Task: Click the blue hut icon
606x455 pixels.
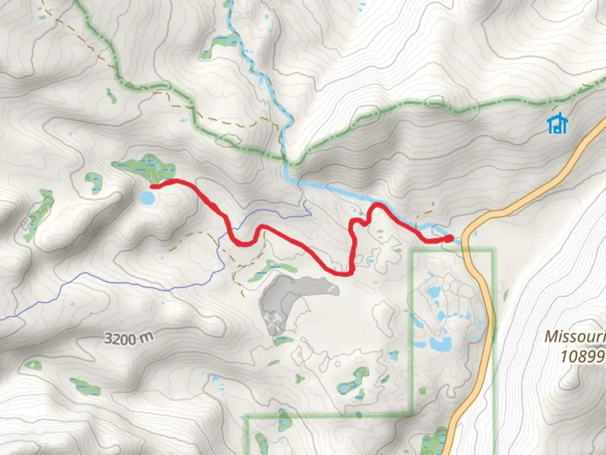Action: (x=558, y=123)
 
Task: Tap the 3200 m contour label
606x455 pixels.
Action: (x=128, y=338)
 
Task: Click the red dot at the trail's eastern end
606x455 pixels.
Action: (x=449, y=239)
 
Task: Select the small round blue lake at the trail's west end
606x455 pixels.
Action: (x=147, y=198)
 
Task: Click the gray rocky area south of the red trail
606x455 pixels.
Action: (x=286, y=299)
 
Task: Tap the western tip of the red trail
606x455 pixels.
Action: (x=152, y=186)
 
